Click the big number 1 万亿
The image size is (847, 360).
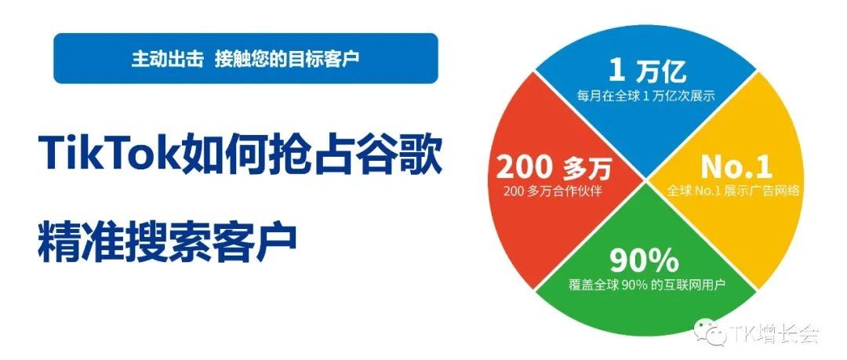[x=647, y=72]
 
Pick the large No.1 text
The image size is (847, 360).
[x=736, y=166]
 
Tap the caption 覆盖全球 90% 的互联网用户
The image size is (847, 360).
[x=647, y=284]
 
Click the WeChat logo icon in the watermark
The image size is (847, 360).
[x=716, y=333]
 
